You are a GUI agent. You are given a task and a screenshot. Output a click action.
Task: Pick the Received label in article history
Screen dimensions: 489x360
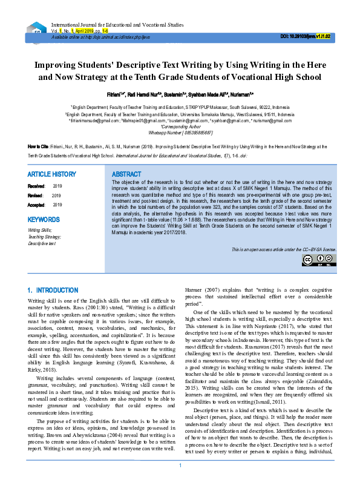click(x=36, y=186)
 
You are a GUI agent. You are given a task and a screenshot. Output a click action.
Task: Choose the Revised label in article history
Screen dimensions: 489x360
click(x=36, y=195)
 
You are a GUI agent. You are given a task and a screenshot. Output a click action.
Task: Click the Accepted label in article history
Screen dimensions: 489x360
click(x=37, y=205)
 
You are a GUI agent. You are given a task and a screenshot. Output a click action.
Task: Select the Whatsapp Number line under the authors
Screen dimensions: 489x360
click(x=180, y=132)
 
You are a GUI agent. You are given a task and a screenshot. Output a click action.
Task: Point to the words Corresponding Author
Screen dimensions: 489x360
click(x=180, y=126)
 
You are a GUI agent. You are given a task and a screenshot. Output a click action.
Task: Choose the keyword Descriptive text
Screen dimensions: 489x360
click(x=42, y=243)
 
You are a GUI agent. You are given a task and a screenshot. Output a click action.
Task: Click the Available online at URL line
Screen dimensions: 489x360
click(x=100, y=37)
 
